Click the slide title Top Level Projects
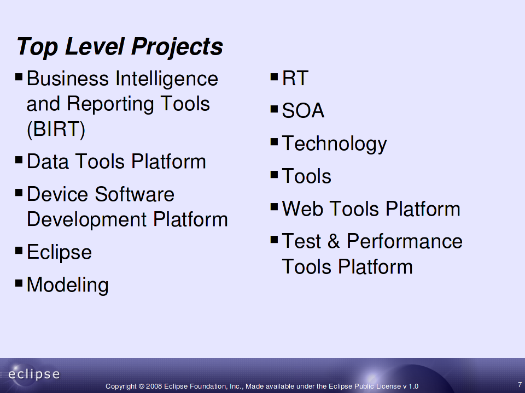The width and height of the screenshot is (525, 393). click(120, 46)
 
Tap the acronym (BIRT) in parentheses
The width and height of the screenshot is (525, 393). click(56, 129)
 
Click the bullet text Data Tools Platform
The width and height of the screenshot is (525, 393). click(116, 162)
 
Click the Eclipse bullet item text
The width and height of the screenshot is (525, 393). click(59, 253)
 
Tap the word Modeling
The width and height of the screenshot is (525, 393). click(68, 285)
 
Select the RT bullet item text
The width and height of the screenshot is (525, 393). click(295, 79)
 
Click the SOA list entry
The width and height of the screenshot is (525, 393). click(303, 111)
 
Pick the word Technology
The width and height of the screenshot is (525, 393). click(335, 144)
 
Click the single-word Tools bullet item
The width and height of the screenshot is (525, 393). click(307, 176)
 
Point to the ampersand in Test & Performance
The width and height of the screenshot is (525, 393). click(334, 241)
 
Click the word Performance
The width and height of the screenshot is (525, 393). click(405, 241)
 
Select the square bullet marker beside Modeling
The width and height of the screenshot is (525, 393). click(19, 283)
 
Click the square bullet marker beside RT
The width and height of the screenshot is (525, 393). click(274, 77)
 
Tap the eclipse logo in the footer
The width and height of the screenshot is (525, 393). click(33, 374)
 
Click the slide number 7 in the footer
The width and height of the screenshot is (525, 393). click(520, 385)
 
